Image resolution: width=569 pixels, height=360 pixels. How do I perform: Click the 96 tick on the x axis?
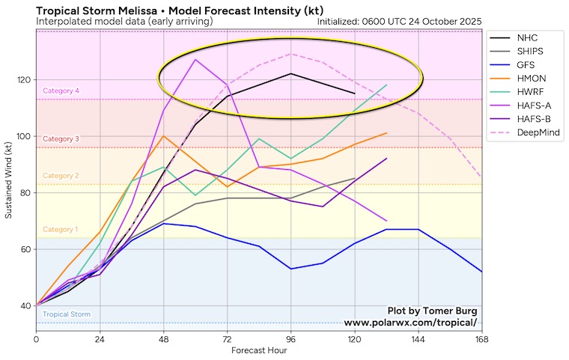(290, 339)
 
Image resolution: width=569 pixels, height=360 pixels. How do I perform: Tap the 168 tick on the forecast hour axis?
(481, 339)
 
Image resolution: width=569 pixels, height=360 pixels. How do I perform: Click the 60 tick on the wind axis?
(25, 249)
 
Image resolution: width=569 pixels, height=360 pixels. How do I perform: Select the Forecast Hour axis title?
(259, 350)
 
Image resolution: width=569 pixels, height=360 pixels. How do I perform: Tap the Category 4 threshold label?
(61, 91)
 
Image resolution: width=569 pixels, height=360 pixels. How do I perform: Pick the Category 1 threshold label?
(61, 229)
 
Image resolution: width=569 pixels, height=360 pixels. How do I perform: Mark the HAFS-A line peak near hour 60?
(195, 60)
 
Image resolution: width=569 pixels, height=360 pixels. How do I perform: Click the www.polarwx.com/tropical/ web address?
(410, 323)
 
